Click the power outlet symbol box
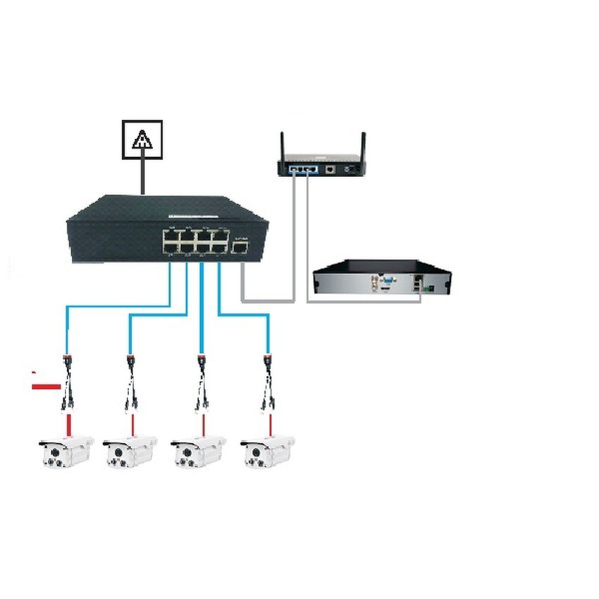pyautogui.click(x=142, y=140)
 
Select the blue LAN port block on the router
pyautogui.click(x=301, y=170)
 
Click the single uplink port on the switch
pyautogui.click(x=240, y=247)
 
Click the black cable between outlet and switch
pyautogui.click(x=143, y=176)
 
